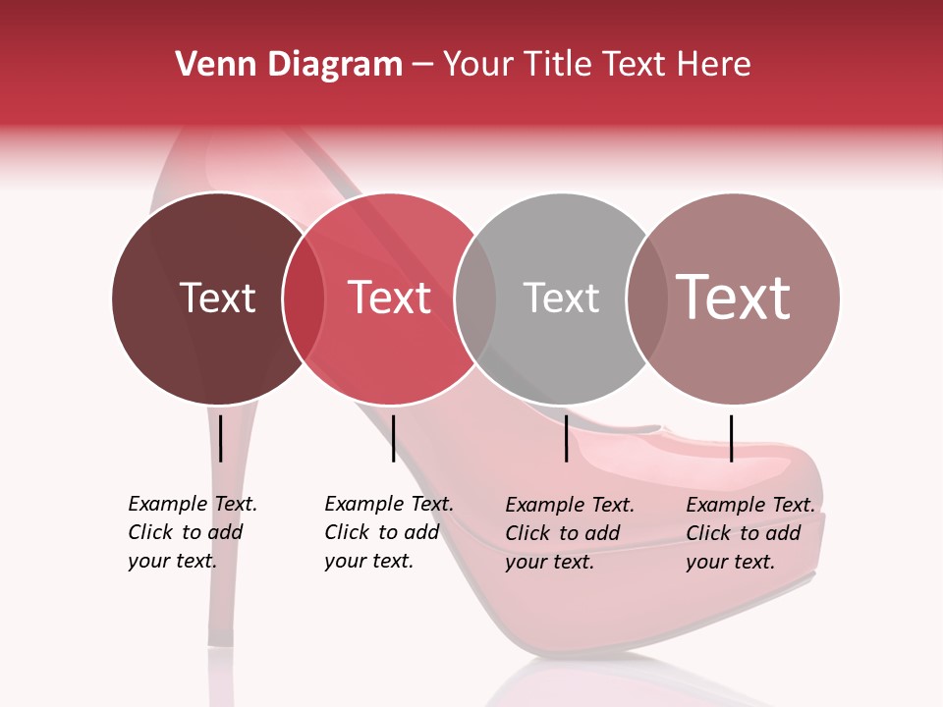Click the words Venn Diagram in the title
coord(289,65)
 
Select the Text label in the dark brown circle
coord(217,298)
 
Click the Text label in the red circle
coord(389,298)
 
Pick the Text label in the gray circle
coord(561,298)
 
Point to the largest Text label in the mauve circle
coord(733,298)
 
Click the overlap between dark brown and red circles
coord(304,298)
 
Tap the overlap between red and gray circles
coord(475,298)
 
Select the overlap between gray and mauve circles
coord(647,298)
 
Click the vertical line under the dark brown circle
coord(221,438)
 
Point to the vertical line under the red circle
coord(393,438)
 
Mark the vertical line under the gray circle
coord(567,438)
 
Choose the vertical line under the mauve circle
coord(731,438)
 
